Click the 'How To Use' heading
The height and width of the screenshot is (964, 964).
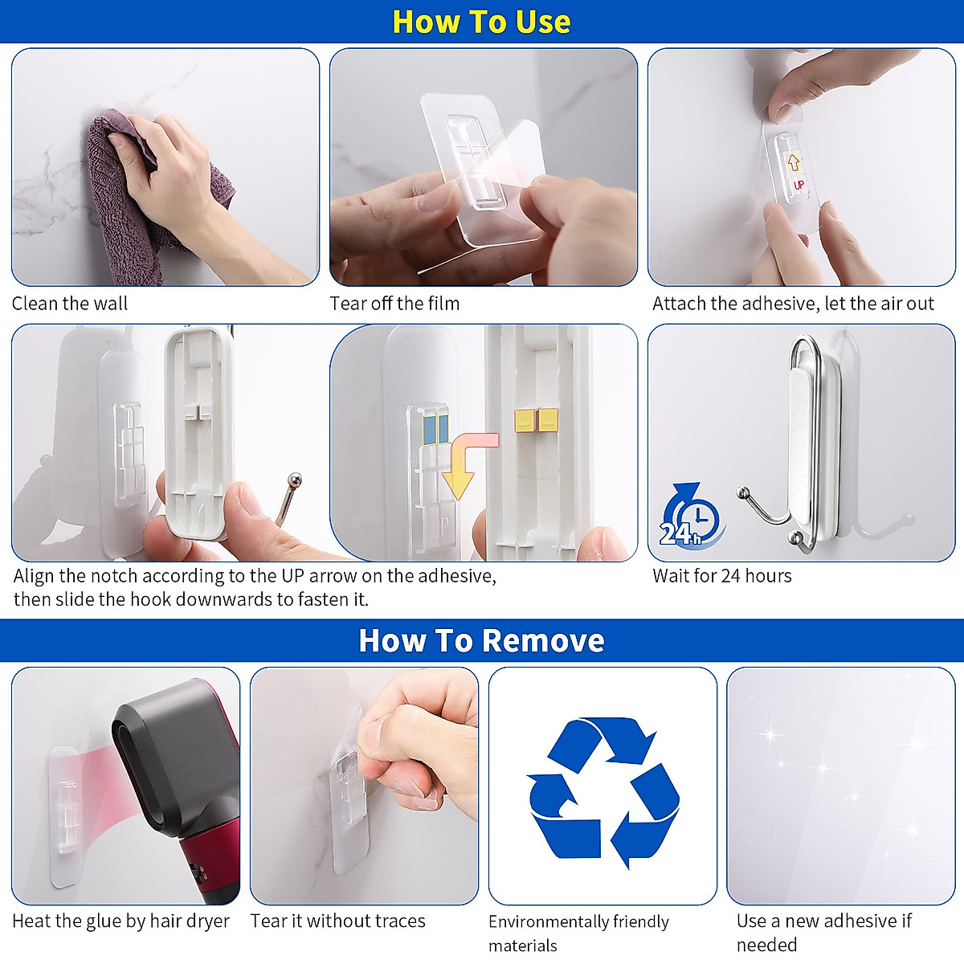pyautogui.click(x=481, y=22)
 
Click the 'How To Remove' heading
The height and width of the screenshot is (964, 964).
pyautogui.click(x=481, y=640)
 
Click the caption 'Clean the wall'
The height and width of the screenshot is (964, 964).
pyautogui.click(x=70, y=304)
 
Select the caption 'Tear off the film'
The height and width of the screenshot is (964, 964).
pyautogui.click(x=394, y=304)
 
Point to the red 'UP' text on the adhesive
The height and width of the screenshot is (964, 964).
pyautogui.click(x=799, y=185)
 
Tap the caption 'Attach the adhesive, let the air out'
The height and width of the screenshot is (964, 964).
pyautogui.click(x=793, y=304)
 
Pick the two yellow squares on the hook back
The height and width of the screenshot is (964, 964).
pyautogui.click(x=537, y=420)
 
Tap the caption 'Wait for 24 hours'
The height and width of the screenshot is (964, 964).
pyautogui.click(x=721, y=576)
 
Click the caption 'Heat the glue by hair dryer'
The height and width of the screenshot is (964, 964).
pyautogui.click(x=120, y=921)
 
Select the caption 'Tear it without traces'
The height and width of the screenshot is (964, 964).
pyautogui.click(x=337, y=921)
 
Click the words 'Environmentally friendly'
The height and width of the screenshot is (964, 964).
pyautogui.click(x=578, y=922)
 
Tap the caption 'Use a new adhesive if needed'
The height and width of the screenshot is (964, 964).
pyautogui.click(x=823, y=932)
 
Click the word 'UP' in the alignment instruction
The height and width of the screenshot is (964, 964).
pyautogui.click(x=292, y=576)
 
